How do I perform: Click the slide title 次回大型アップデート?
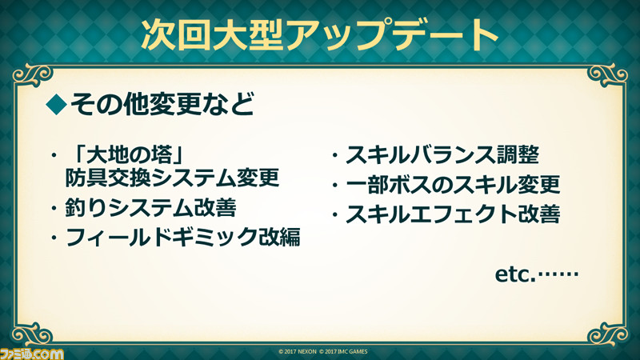click(x=319, y=34)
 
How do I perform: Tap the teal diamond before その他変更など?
click(x=56, y=105)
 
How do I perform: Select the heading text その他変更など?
click(x=162, y=104)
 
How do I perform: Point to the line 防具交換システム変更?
click(x=172, y=178)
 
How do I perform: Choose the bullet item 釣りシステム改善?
click(x=150, y=208)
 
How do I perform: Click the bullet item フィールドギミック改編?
click(x=182, y=237)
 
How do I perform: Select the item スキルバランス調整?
click(x=442, y=155)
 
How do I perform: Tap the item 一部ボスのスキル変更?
click(x=453, y=185)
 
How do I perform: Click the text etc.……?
click(x=536, y=274)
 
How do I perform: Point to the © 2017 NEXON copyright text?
click(x=297, y=351)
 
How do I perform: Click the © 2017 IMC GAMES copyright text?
click(x=343, y=351)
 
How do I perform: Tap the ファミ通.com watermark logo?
click(x=32, y=354)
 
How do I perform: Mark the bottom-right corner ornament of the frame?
click(x=607, y=334)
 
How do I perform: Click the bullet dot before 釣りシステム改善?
click(x=54, y=208)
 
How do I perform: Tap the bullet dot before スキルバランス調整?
click(x=334, y=155)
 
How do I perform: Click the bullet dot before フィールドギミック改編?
click(x=54, y=238)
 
